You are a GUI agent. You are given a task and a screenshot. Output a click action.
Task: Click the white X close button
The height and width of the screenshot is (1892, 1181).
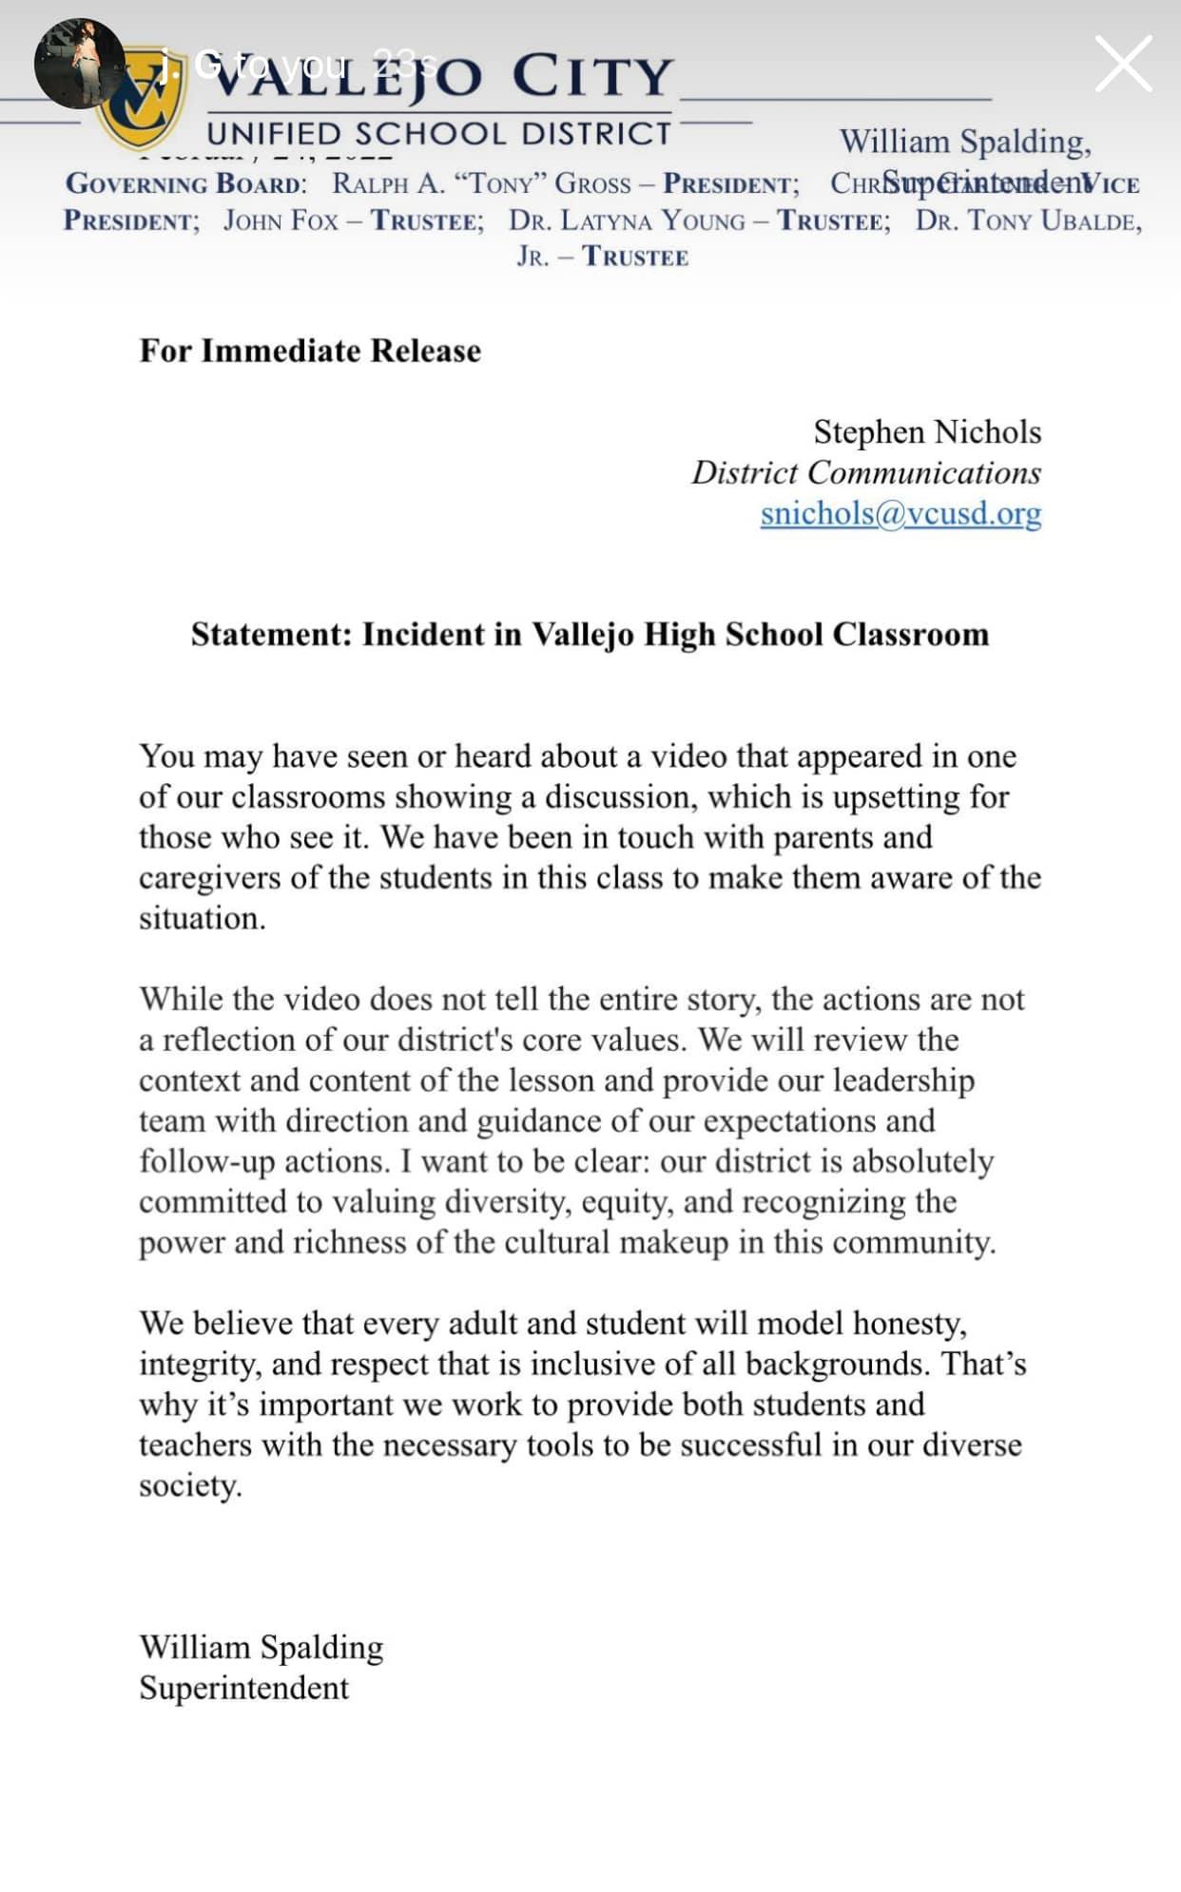point(1123,64)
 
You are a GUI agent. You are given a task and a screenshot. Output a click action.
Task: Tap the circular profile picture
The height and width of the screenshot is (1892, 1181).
point(79,63)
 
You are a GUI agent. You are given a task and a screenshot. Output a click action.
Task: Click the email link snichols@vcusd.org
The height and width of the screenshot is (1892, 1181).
point(900,513)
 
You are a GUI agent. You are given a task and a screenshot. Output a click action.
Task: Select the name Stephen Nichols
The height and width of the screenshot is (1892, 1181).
point(927,432)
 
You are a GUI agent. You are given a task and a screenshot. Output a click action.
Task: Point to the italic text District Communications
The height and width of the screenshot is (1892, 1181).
point(865,472)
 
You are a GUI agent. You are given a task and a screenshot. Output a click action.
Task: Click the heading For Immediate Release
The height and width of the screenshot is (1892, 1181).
point(310,351)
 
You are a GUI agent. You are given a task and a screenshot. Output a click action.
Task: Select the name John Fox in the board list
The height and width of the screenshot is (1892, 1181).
point(281,220)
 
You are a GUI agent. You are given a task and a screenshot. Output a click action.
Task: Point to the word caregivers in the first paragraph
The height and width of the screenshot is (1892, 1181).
point(209,878)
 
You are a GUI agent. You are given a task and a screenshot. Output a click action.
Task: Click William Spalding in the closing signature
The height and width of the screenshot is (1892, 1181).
point(261,1647)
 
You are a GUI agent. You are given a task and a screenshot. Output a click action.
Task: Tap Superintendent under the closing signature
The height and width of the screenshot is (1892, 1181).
point(243,1688)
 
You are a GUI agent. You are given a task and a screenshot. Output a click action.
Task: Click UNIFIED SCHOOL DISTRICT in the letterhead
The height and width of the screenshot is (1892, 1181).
point(439,133)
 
